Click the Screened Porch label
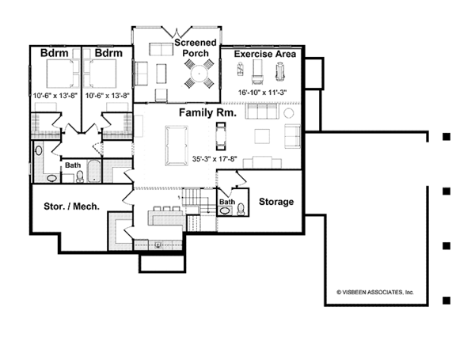pos(196,47)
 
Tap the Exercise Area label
pos(265,54)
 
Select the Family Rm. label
pos(207,112)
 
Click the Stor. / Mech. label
pos(72,207)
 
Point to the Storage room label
pos(276,202)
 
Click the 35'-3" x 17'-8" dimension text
pos(215,159)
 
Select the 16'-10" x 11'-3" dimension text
pos(262,93)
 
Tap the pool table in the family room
pos(177,146)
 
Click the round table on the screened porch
pos(199,74)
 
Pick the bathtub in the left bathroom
pos(94,171)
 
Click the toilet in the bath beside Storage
pos(241,209)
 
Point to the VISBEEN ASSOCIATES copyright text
pos(375,292)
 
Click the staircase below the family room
pos(196,201)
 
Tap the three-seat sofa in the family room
pos(262,112)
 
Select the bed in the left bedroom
pos(59,74)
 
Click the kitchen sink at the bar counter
pos(158,245)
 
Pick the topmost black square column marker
pos(446,137)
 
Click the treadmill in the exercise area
pos(258,72)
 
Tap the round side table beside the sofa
pos(289,113)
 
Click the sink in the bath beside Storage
pos(225,210)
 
